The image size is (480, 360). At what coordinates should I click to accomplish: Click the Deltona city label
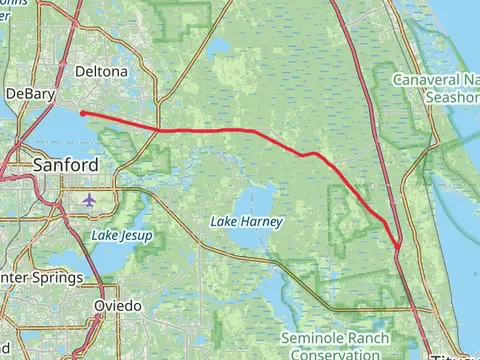[x=102, y=73]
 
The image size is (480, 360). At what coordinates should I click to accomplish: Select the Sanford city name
[x=66, y=165]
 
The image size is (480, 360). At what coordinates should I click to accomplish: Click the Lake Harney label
[x=246, y=221]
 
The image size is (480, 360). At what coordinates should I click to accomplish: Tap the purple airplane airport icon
[x=90, y=199]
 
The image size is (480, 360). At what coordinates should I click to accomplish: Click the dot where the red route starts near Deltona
[x=82, y=113]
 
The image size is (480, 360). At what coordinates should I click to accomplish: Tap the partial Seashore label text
[x=452, y=97]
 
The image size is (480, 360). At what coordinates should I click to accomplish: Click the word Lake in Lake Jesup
[x=104, y=236]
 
